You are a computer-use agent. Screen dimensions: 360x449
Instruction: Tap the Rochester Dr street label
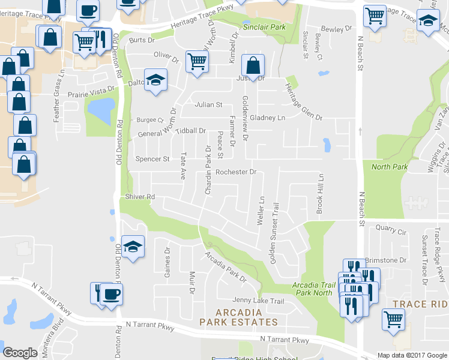point(236,172)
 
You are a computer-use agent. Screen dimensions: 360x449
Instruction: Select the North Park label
point(389,167)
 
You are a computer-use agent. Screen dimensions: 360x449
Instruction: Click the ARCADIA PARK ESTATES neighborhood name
point(239,317)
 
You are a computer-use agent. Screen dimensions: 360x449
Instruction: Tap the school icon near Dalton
point(155,80)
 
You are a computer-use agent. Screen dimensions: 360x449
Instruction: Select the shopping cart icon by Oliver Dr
point(197,61)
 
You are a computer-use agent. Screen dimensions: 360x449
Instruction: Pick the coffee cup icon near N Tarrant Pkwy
point(111,295)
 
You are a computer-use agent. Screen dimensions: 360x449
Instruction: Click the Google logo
point(20,353)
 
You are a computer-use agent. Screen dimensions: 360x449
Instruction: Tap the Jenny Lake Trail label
point(259,301)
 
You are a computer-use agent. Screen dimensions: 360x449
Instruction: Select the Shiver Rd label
point(140,197)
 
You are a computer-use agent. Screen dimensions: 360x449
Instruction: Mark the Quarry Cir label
point(391,228)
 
